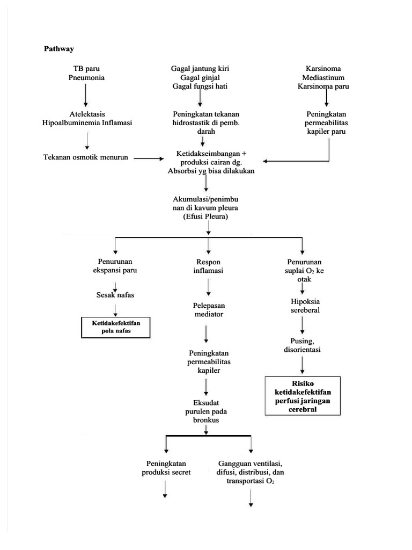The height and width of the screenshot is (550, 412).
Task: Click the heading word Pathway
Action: pos(59,48)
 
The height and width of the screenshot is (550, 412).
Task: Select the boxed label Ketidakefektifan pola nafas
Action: pos(115,327)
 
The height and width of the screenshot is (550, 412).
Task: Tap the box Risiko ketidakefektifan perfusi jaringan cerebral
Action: pos(303,396)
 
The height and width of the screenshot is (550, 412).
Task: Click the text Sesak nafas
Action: pos(115,294)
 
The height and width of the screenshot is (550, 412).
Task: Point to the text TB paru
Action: pos(86,69)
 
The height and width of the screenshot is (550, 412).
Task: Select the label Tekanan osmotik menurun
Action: pos(86,157)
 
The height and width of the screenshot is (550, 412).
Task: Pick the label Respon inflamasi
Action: pos(206,266)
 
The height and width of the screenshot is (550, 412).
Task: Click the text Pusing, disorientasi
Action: pos(302,345)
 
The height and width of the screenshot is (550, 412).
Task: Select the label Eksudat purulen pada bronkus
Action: pos(207,410)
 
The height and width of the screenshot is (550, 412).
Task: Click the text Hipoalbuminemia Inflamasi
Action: pos(87,122)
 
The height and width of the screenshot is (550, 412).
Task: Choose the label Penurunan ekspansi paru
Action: pos(115,266)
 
